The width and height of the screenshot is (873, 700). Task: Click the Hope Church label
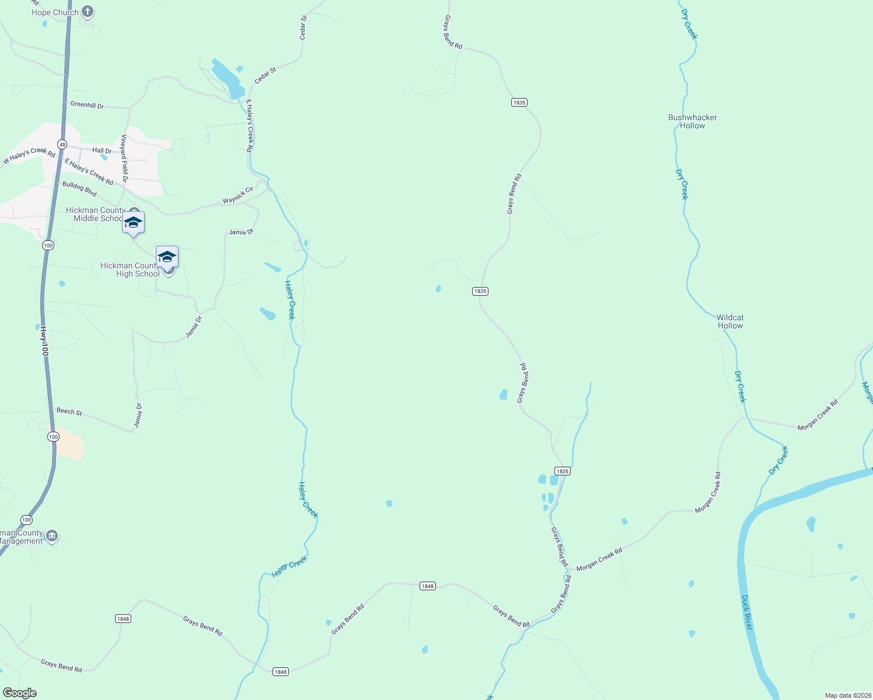point(55,12)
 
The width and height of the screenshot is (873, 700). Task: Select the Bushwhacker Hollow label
point(692,121)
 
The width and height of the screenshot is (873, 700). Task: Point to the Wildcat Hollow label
point(730,321)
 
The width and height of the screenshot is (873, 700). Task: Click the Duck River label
point(746,612)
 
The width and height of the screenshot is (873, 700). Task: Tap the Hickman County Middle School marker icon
point(133,222)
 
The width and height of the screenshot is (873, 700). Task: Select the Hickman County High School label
point(130,269)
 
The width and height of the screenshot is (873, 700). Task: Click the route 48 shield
point(62,144)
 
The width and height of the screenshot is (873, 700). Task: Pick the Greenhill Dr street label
point(87,105)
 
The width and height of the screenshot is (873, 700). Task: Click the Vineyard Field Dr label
point(124,158)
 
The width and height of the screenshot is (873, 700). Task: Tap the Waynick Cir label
point(238,195)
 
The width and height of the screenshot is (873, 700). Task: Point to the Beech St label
point(69,411)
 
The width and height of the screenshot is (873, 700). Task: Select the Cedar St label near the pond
point(265,75)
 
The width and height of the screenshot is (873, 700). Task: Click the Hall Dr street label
point(102,151)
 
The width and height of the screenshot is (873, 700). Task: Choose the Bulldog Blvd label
point(79,188)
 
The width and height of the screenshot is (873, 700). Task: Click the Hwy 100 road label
point(43,341)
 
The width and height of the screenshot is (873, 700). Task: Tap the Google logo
point(20,693)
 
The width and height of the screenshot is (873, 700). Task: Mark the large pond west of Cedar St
point(228,79)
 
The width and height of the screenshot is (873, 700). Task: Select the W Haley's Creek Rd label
point(29,156)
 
